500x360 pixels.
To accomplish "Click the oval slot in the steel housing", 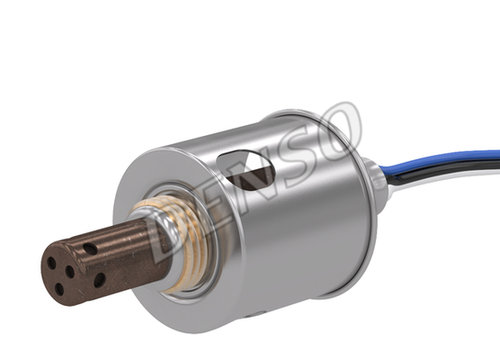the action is coord(245,170).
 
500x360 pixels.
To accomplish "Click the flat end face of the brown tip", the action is coord(60,274).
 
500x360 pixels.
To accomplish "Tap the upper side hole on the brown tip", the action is coord(91,248).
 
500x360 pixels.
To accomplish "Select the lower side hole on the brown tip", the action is coord(100,280).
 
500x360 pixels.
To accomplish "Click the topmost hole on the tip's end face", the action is coord(51,263).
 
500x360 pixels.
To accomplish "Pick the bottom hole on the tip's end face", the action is coord(59,290).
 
